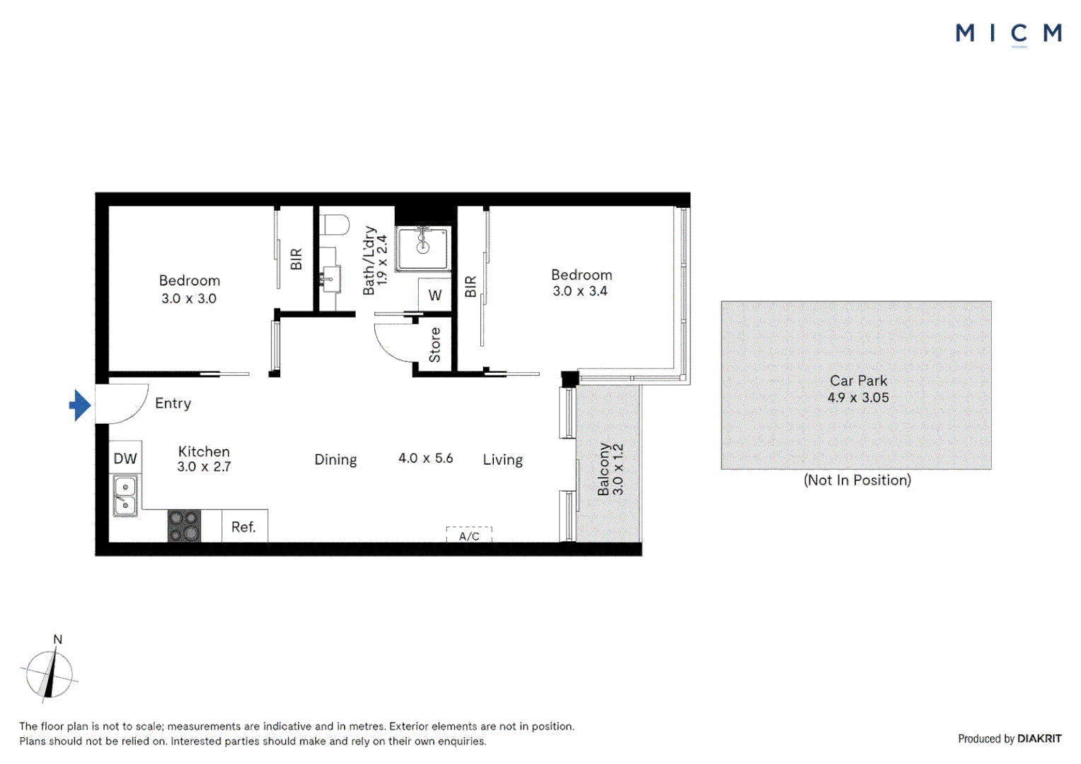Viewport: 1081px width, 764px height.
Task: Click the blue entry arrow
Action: click(x=80, y=405)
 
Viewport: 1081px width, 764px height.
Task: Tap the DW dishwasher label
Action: click(x=125, y=458)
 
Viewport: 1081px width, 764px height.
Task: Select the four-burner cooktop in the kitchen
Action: click(x=184, y=526)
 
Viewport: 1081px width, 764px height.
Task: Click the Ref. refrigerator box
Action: click(x=244, y=527)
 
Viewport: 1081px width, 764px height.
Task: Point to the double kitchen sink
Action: click(x=125, y=495)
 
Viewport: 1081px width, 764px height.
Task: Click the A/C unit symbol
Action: click(x=469, y=536)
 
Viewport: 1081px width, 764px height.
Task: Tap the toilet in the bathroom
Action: click(x=335, y=226)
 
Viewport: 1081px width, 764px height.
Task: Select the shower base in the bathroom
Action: click(x=422, y=248)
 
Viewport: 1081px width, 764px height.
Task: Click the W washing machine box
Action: click(x=435, y=295)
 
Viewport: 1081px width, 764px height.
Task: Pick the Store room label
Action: click(x=434, y=345)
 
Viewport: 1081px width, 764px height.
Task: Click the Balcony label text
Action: click(x=603, y=469)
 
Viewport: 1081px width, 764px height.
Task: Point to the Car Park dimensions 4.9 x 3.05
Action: click(x=858, y=398)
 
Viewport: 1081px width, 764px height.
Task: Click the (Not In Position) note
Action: click(x=857, y=480)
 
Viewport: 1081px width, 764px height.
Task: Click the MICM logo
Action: click(x=1008, y=33)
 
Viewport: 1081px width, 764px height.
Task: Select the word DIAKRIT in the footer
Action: click(x=1039, y=739)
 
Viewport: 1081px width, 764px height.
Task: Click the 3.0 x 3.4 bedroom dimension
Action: click(x=580, y=291)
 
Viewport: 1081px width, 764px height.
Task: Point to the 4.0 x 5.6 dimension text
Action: click(x=425, y=458)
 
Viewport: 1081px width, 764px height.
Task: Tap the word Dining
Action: click(x=335, y=460)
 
